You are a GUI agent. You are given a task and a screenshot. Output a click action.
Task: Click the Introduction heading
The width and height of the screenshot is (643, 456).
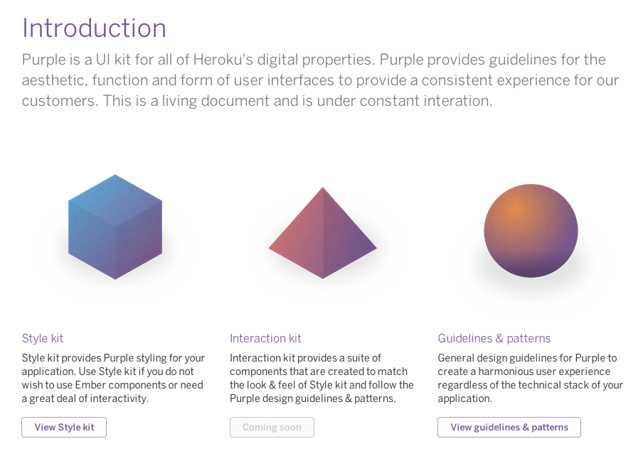click(x=94, y=28)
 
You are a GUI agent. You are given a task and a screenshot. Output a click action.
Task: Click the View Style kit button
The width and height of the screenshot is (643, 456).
click(x=64, y=428)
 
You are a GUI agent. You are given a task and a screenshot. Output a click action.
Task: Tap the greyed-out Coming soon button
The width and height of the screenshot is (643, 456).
click(x=272, y=428)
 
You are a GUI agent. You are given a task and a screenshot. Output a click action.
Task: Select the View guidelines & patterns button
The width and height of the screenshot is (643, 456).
click(x=509, y=428)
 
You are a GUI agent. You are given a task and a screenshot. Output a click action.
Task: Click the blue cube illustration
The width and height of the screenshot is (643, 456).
click(x=115, y=227)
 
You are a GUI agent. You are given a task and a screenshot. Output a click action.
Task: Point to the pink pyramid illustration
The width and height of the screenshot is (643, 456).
click(x=323, y=233)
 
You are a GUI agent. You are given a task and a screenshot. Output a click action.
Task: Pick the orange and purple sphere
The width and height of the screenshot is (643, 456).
click(x=531, y=231)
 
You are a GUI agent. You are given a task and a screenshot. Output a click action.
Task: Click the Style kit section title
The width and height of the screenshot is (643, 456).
click(x=43, y=339)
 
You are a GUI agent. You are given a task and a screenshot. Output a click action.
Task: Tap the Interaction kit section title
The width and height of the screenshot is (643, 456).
click(x=265, y=339)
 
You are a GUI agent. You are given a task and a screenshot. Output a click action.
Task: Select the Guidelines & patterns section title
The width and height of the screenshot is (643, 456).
click(x=494, y=339)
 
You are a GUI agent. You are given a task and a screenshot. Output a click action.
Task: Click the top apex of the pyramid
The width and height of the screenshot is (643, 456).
click(x=323, y=188)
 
